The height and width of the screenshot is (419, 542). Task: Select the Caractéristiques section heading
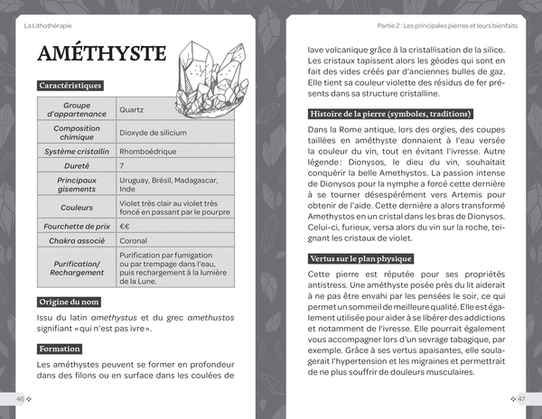[x=77, y=85]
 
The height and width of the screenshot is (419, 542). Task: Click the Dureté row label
[x=77, y=166]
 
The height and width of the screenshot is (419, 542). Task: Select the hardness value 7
[x=122, y=166]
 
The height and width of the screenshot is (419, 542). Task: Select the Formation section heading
[x=60, y=349]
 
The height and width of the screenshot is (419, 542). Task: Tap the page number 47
[x=519, y=398]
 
